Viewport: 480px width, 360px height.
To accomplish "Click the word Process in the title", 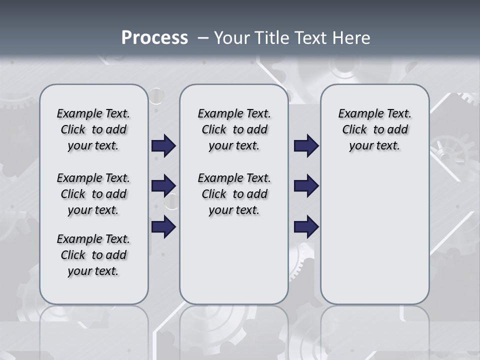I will click(x=154, y=38).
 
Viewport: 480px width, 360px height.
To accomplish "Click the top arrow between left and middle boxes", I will click(x=163, y=146).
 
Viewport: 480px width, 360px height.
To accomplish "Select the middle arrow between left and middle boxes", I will click(x=163, y=186).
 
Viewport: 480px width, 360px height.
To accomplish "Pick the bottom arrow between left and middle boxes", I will click(x=163, y=227).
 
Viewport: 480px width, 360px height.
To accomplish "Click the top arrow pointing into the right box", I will click(x=306, y=146).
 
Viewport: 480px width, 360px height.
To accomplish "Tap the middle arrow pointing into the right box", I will click(x=306, y=186).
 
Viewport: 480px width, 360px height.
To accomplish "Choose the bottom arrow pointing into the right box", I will click(x=306, y=227).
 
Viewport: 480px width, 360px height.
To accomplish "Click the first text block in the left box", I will click(x=93, y=129).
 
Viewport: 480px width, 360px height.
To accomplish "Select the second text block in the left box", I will click(x=93, y=194).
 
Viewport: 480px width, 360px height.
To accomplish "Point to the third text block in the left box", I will click(x=93, y=255).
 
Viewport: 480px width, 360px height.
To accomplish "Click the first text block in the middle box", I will click(x=234, y=129).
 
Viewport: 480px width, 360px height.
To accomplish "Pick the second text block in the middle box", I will click(x=234, y=194).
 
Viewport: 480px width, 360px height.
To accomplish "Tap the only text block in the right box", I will click(x=374, y=129).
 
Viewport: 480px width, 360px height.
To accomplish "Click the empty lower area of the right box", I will click(x=374, y=235).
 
